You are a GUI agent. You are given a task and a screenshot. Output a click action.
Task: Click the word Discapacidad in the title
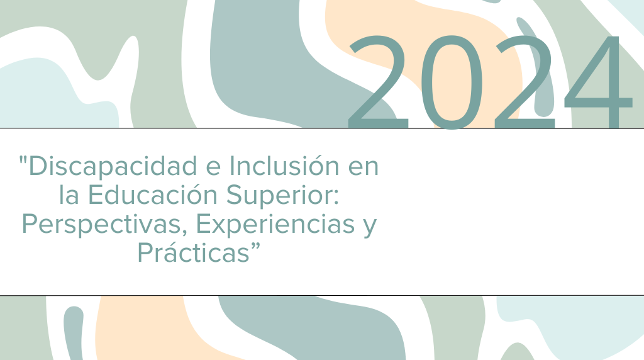click(113, 167)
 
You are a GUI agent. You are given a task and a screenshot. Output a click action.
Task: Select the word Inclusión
click(284, 166)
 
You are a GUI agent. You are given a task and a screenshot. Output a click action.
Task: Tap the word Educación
click(153, 194)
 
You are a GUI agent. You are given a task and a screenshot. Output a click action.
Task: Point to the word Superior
click(280, 196)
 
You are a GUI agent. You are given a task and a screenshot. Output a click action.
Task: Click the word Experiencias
click(275, 225)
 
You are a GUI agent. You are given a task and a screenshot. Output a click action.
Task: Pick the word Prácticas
click(194, 252)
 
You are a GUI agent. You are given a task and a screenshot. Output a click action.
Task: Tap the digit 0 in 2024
click(452, 82)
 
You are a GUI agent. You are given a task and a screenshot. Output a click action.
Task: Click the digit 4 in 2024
click(598, 82)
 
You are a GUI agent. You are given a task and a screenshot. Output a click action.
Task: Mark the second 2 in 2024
click(525, 82)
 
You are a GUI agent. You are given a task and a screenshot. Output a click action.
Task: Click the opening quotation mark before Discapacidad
click(23, 159)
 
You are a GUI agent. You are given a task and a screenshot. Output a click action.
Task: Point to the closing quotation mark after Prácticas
click(256, 247)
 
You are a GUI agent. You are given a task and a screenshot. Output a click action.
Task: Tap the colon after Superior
click(336, 199)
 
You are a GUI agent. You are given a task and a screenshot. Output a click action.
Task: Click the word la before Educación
click(69, 194)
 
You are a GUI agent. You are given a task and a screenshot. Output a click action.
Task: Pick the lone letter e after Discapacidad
click(213, 169)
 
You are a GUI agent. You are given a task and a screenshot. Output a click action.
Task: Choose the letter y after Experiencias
click(370, 228)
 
